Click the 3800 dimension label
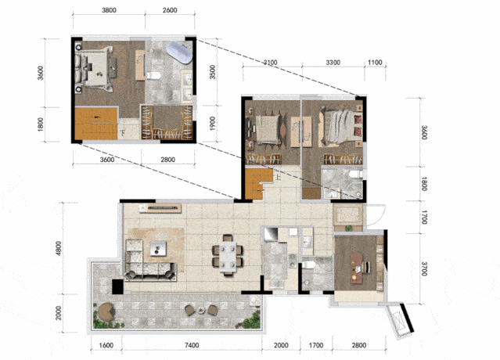tap(109, 10)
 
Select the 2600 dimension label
tap(170, 10)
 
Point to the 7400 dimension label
tap(192, 345)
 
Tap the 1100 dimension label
tap(375, 63)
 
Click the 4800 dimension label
tap(59, 248)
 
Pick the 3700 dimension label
tap(424, 268)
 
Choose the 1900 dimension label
tap(212, 124)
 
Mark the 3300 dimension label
tap(333, 63)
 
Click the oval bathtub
tap(179, 52)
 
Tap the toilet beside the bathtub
tap(153, 76)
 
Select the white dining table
tap(228, 256)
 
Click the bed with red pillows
tap(340, 128)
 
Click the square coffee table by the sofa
tap(158, 248)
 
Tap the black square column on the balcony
tap(117, 286)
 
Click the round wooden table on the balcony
tap(106, 311)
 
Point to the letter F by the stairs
tap(123, 132)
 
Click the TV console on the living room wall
tap(160, 208)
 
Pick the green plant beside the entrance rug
tap(348, 229)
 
